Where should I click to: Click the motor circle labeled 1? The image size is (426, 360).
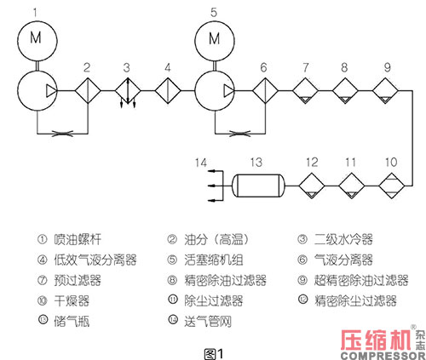click(35, 37)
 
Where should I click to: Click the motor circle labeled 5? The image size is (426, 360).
click(214, 37)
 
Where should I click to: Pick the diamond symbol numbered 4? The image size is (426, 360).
click(168, 91)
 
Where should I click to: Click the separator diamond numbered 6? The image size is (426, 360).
click(264, 91)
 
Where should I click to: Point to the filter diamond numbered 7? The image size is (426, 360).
click(306, 91)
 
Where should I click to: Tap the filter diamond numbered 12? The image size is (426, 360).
click(312, 185)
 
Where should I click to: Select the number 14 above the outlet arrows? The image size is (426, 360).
click(199, 160)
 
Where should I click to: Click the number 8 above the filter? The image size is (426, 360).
click(345, 66)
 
